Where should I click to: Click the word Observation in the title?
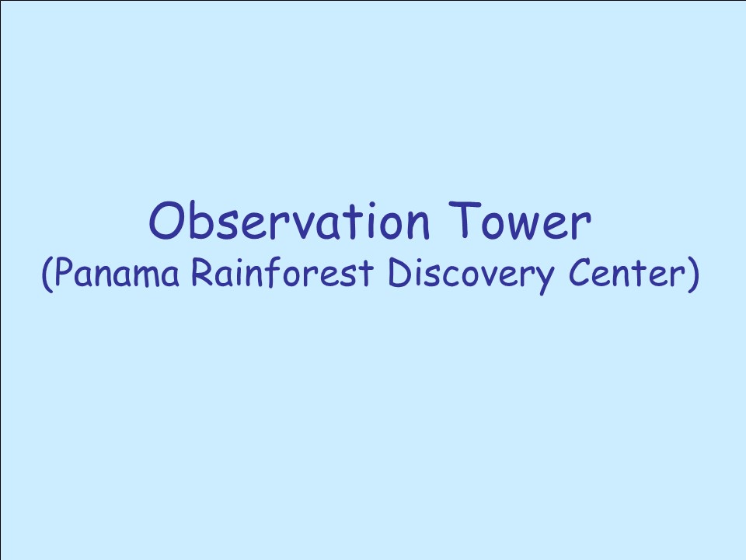coord(289,220)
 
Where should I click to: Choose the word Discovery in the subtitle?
coord(472,275)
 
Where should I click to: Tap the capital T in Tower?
coord(465,219)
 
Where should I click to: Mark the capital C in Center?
coord(580,273)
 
